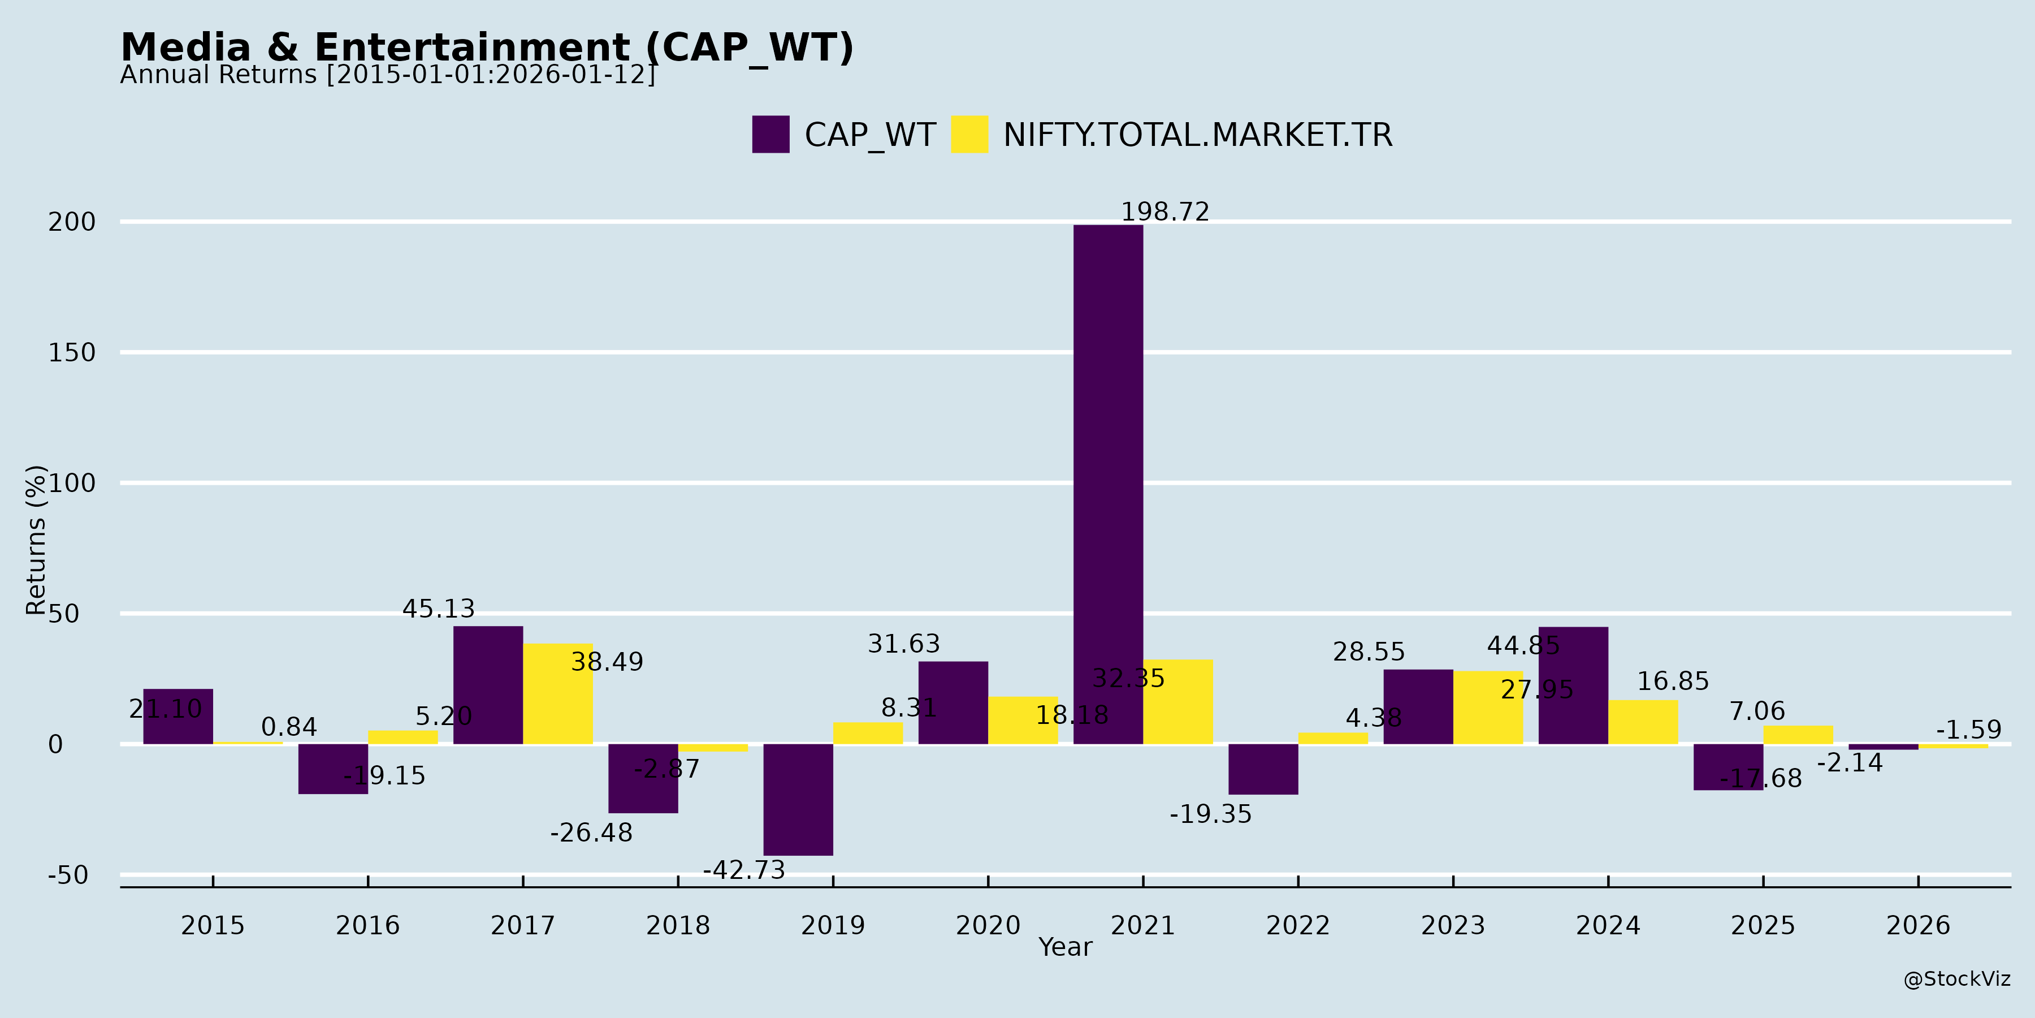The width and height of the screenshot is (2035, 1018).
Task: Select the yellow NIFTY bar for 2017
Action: (x=558, y=694)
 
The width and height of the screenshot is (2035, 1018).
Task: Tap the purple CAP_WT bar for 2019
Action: (x=798, y=799)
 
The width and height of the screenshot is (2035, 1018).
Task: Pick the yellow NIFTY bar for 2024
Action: (x=1643, y=722)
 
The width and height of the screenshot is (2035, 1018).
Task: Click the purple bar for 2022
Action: (x=1263, y=769)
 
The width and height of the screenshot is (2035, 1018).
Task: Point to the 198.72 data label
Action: (x=1165, y=212)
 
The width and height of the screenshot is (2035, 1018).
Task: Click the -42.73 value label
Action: (x=744, y=870)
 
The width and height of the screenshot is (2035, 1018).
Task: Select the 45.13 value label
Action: (x=439, y=609)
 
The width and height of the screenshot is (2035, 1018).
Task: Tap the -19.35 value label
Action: (x=1210, y=814)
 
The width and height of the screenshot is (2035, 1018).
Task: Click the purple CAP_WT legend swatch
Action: (x=770, y=135)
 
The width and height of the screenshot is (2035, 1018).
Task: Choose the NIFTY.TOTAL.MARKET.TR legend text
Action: (x=1198, y=135)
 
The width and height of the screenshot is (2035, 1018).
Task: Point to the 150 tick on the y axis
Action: (x=72, y=352)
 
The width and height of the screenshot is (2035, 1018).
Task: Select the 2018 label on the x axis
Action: (x=678, y=925)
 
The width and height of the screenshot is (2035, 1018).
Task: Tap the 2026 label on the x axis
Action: (x=1918, y=925)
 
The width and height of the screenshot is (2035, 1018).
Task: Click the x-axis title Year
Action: (x=1065, y=947)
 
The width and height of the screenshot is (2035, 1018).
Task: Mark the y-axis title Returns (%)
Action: (x=36, y=540)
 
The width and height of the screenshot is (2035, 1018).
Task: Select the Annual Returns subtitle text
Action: (x=387, y=75)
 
